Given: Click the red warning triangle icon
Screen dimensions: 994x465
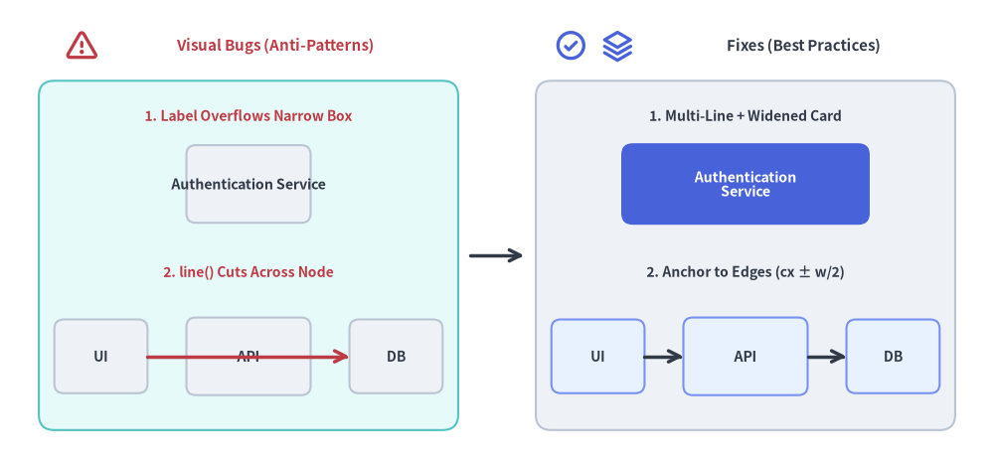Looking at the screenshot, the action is [82, 46].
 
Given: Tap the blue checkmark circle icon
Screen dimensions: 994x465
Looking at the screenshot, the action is [571, 46].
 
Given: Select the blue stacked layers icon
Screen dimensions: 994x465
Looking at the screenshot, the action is [617, 47].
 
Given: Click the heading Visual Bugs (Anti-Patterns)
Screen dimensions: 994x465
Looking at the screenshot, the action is [275, 46].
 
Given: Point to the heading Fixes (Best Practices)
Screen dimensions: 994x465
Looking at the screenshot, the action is [803, 46].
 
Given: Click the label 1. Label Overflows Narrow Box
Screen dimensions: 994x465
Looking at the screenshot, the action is [248, 116].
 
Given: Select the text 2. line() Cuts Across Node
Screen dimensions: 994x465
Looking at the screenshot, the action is [248, 272].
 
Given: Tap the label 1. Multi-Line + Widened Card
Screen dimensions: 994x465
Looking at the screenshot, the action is [745, 116].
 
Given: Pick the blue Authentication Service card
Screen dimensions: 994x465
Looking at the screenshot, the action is [745, 184].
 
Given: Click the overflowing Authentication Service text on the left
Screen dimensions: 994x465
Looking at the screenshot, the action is [248, 185].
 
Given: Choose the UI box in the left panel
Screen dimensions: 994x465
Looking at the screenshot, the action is [100, 356].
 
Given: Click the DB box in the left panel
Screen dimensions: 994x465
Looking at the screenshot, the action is [397, 356].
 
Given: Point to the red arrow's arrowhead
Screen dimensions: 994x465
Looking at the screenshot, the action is [342, 357].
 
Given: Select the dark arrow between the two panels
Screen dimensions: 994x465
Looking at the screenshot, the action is [496, 256].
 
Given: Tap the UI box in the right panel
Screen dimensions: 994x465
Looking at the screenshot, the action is [597, 356].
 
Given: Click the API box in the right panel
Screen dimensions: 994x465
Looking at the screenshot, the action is [745, 356].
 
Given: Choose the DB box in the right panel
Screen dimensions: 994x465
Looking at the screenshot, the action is [894, 356].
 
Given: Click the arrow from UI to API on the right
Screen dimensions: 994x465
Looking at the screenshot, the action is [663, 358].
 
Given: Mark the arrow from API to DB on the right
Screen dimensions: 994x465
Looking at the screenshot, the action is [827, 358].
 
